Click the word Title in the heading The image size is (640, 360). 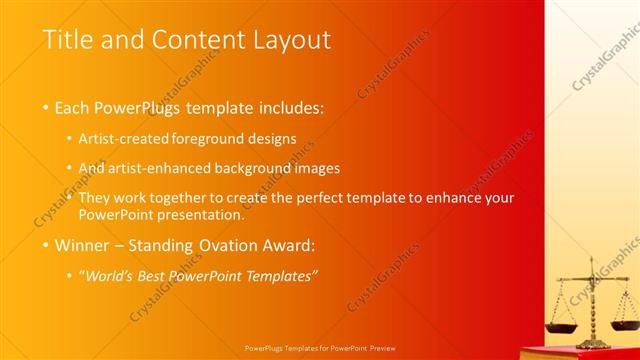click(67, 40)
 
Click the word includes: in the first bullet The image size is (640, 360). click(289, 107)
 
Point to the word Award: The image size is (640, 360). click(286, 245)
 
